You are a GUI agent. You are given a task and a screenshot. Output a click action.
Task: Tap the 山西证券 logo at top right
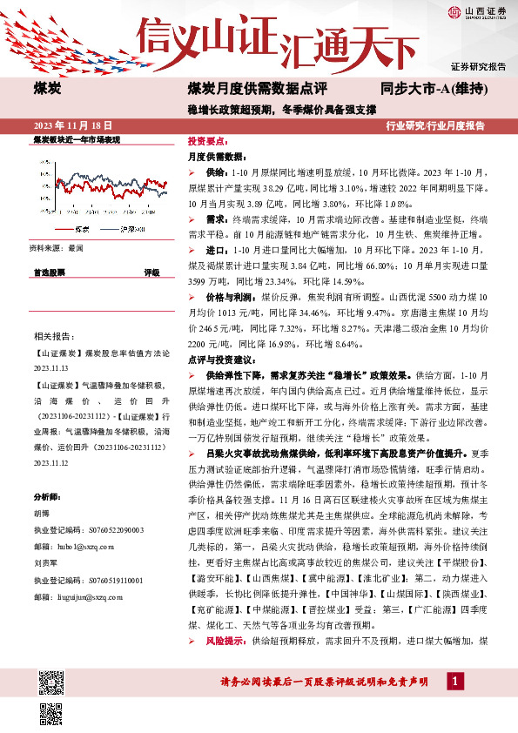coord(475,11)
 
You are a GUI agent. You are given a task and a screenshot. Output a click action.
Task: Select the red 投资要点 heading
coord(206,140)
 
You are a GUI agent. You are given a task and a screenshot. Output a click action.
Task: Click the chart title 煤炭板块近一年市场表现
coord(76,139)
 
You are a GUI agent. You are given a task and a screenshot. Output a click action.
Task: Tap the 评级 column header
coord(151,272)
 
